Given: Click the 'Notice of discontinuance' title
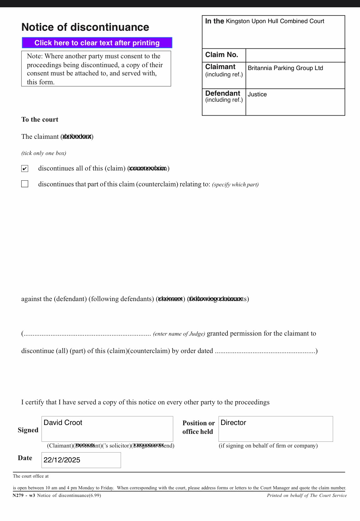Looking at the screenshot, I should coord(85,27).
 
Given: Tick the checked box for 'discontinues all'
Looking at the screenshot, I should coord(25,168).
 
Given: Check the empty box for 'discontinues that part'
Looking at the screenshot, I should coord(25,184).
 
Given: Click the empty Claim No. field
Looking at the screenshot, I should coord(295,55).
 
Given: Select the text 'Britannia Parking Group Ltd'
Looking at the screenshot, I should coord(285,68).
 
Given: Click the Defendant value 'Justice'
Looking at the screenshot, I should coord(257,94).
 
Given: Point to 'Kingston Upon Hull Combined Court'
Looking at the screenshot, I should coord(275,21).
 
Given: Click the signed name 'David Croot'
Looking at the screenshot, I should coord(63,423).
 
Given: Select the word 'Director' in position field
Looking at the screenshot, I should coord(233,423).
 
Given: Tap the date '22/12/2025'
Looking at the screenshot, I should coord(62,460).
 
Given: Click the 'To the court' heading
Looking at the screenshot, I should coord(40,119).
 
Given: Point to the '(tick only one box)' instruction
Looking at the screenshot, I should coord(44,153).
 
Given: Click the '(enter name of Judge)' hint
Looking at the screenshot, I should coord(179,334).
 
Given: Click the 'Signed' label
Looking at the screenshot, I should coord(28,430).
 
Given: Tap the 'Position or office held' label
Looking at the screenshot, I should coord(198,427).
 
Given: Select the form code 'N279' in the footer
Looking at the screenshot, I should coord(18,496).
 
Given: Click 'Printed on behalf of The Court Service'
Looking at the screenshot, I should coord(306,496).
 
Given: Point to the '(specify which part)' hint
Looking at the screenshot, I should coord(235,184).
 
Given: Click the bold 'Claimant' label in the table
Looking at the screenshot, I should coord(220,67).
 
